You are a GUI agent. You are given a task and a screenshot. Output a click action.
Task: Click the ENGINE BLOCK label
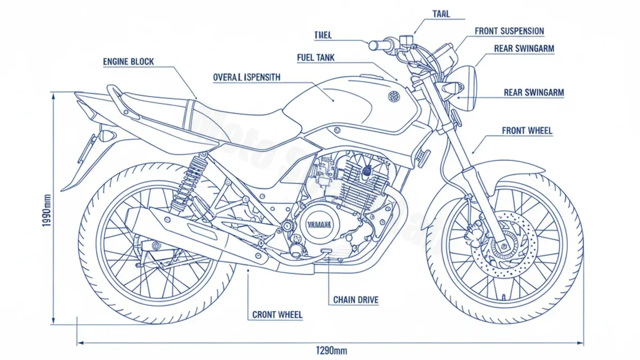pyautogui.click(x=128, y=62)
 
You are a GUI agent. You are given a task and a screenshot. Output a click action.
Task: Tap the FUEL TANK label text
pyautogui.click(x=316, y=57)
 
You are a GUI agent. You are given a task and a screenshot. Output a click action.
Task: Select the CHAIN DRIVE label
pyautogui.click(x=356, y=300)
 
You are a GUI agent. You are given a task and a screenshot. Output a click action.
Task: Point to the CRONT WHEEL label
pyautogui.click(x=277, y=315)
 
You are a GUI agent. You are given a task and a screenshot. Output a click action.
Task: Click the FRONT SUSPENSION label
pyautogui.click(x=509, y=31)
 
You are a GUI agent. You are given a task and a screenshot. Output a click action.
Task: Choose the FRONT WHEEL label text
pyautogui.click(x=527, y=131)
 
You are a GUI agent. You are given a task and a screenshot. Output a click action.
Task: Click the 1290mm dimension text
pyautogui.click(x=332, y=350)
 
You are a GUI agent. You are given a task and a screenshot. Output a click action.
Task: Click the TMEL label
pyautogui.click(x=323, y=35)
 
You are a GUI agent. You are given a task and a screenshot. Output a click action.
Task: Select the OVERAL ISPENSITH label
pyautogui.click(x=246, y=77)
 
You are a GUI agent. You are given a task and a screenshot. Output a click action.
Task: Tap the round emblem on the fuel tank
pyautogui.click(x=394, y=97)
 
